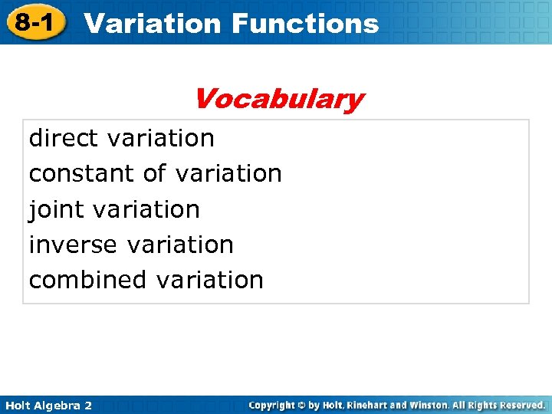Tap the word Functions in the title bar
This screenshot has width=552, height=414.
(304, 23)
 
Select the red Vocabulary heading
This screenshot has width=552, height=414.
(278, 99)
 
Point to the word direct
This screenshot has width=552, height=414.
(64, 138)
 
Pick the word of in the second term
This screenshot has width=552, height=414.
(153, 174)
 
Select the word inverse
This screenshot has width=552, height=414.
(74, 245)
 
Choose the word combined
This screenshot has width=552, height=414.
(88, 280)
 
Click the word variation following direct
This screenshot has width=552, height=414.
(162, 138)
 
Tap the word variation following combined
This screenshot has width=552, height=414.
(209, 280)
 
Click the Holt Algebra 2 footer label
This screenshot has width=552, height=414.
(48, 405)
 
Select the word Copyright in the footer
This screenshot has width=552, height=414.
(274, 404)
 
